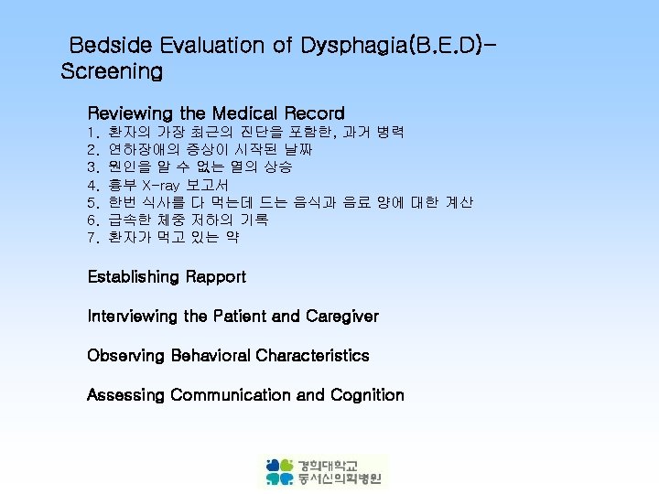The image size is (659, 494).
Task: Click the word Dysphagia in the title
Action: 351,45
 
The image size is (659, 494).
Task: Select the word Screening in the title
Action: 112,70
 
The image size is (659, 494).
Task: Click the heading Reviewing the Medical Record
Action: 216,113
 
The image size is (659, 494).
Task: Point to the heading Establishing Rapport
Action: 167,276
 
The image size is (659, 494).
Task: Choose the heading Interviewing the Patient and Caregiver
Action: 232,316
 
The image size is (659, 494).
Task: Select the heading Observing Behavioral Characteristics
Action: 228,355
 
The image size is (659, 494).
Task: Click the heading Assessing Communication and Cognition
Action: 245,395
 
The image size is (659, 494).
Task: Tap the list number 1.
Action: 92,133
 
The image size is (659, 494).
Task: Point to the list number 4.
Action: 92,185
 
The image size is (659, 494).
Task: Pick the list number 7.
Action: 92,237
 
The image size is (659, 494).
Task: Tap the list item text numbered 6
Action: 188,220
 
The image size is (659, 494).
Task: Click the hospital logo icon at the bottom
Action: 279,471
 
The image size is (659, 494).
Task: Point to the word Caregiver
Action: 341,316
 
